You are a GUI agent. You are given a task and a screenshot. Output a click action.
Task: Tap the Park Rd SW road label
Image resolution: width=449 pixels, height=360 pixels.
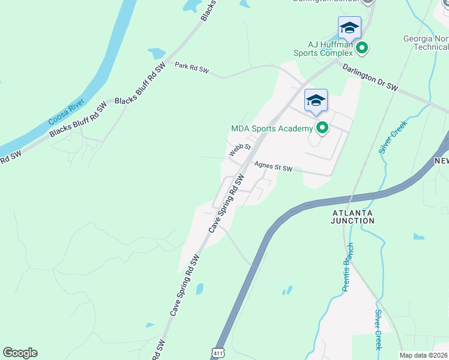191,68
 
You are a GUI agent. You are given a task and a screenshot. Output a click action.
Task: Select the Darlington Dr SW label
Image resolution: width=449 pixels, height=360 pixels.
370,78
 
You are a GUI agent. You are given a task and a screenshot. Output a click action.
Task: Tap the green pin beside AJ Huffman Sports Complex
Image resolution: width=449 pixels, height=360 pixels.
361,47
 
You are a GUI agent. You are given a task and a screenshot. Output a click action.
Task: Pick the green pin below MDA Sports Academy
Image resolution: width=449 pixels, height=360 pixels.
322,127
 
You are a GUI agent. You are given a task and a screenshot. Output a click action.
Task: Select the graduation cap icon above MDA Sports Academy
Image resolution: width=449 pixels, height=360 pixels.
316,100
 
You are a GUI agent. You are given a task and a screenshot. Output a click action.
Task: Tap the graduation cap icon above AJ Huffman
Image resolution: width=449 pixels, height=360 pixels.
349,28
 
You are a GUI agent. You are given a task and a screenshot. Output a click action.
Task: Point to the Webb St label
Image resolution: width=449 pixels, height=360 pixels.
240,150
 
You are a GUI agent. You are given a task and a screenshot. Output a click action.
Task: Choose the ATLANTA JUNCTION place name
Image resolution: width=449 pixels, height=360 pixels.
352,217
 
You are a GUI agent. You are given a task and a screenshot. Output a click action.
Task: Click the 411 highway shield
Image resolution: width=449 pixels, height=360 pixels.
218,353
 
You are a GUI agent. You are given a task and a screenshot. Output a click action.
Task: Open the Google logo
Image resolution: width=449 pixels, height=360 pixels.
20,352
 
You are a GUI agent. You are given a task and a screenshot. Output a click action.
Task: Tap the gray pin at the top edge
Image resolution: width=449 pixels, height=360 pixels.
368,2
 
